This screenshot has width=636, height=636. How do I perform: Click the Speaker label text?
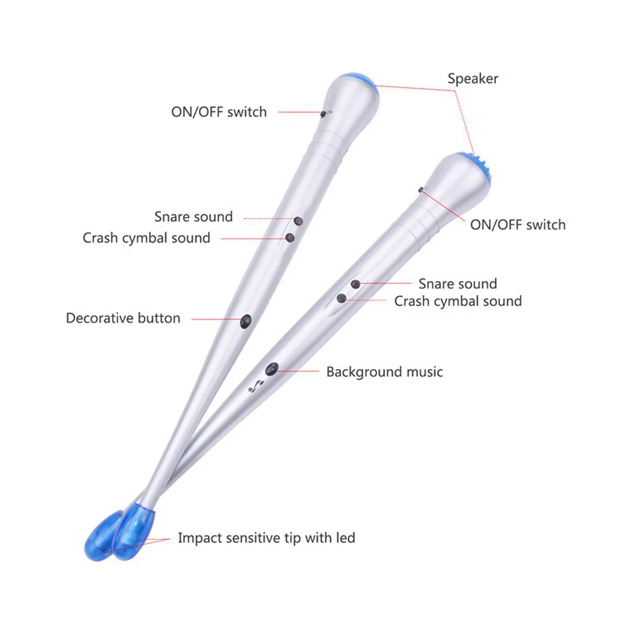click(473, 79)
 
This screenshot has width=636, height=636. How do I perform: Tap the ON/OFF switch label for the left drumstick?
click(219, 112)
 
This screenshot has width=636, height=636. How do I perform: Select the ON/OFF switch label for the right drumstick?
click(518, 225)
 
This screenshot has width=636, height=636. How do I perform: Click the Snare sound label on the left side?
click(193, 217)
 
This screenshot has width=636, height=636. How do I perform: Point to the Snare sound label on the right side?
click(457, 284)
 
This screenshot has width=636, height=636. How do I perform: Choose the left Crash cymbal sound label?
click(146, 238)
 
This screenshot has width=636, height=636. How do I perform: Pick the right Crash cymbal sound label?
click(458, 301)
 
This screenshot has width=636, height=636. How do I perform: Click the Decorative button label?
click(123, 318)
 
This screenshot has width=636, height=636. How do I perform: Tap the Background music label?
click(384, 372)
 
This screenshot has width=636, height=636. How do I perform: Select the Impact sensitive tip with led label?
click(266, 538)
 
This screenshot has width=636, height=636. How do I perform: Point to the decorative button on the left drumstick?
click(246, 321)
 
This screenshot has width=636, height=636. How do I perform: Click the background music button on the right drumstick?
click(272, 368)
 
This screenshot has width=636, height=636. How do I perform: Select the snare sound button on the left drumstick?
click(298, 220)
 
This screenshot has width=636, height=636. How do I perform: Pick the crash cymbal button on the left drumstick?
click(290, 238)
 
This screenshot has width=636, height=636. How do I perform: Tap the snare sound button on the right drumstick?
click(356, 285)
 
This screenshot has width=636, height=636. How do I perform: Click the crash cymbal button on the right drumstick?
click(342, 299)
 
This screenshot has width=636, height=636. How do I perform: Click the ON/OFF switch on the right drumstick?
click(420, 189)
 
